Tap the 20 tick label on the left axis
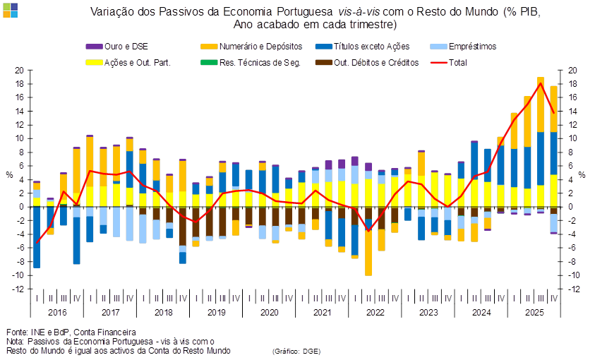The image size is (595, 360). click(x=20, y=71)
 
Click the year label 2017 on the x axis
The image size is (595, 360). click(x=110, y=311)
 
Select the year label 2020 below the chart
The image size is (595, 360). click(x=268, y=311)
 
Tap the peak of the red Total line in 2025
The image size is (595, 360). click(x=541, y=84)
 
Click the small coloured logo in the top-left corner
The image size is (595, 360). click(x=10, y=9)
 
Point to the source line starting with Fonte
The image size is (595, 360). click(x=71, y=332)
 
